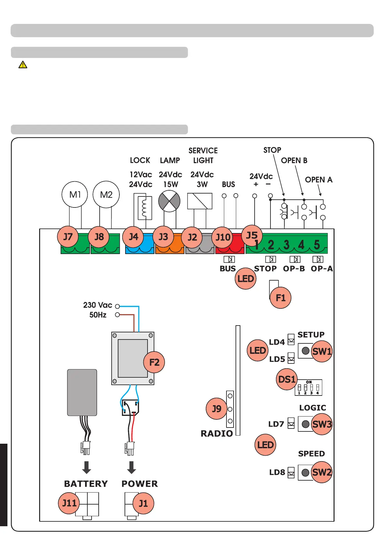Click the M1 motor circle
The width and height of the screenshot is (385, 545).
[75, 195]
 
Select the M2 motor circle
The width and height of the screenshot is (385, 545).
[106, 195]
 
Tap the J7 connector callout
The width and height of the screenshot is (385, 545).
[68, 237]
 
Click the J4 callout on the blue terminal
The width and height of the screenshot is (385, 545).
[133, 237]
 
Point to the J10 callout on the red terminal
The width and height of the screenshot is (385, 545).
[223, 237]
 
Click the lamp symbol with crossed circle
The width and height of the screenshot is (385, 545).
[169, 201]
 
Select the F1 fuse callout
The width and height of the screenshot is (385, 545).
[280, 298]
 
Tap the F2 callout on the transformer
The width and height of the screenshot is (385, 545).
[154, 362]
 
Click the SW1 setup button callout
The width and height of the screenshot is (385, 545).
[322, 351]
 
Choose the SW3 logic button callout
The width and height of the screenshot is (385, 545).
[322, 424]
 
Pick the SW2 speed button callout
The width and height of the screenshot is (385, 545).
[322, 472]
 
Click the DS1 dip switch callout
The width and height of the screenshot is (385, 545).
[287, 379]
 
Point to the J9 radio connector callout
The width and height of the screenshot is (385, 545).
[216, 409]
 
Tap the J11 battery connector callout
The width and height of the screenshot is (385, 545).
[69, 503]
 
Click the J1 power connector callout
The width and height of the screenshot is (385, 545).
[143, 503]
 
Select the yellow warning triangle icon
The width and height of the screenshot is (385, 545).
[23, 65]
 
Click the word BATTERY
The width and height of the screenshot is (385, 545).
[86, 484]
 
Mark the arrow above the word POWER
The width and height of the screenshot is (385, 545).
[131, 467]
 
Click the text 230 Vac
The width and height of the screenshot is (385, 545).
[97, 305]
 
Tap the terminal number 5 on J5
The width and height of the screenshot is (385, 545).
[317, 245]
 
